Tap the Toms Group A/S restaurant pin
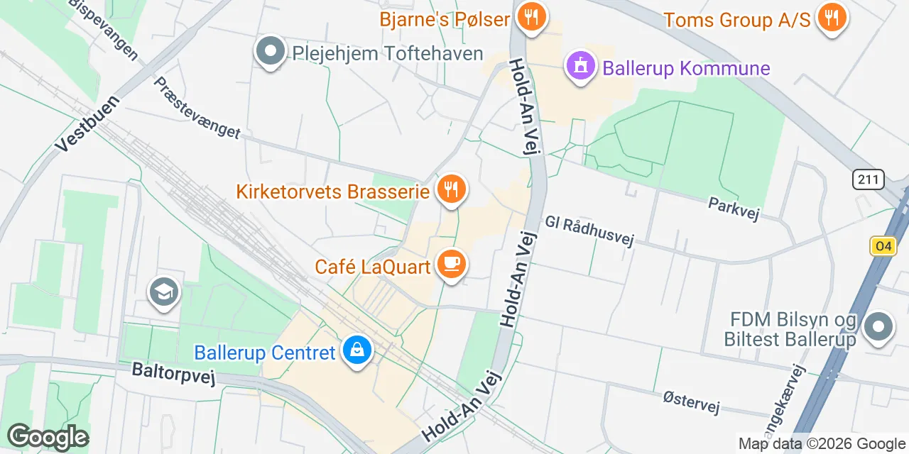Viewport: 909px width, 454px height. (x=833, y=18)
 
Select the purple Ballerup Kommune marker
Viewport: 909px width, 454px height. (x=581, y=67)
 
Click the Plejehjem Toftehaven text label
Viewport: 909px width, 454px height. (x=388, y=53)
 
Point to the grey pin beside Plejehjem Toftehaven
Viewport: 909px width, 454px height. (x=270, y=52)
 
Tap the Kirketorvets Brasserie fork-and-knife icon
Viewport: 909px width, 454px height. (x=450, y=189)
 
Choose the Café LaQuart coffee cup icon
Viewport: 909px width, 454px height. (x=450, y=265)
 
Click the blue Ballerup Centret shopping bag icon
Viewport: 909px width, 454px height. (x=356, y=350)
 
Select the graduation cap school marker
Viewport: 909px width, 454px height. (x=164, y=292)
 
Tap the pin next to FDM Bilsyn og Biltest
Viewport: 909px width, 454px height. (x=878, y=327)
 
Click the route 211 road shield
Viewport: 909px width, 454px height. (x=869, y=180)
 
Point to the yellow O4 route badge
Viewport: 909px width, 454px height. (x=883, y=246)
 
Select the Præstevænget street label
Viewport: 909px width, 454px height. (x=197, y=107)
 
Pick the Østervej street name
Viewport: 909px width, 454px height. (x=690, y=402)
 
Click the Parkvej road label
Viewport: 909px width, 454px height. (x=734, y=209)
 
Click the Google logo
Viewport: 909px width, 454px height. (x=48, y=437)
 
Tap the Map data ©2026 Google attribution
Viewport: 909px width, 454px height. (x=822, y=444)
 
